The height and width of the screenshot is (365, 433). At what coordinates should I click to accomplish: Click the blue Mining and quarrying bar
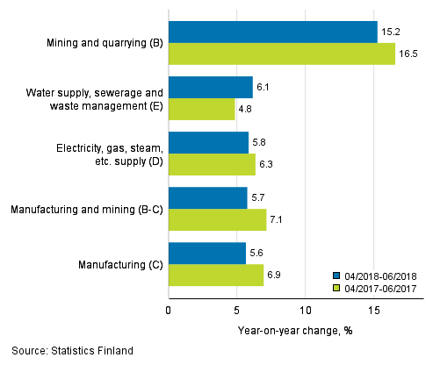click(272, 32)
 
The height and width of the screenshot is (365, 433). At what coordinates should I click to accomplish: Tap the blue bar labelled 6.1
click(210, 88)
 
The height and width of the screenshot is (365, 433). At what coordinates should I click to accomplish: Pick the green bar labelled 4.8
click(201, 110)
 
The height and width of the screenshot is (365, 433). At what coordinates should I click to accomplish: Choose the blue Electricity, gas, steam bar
click(208, 143)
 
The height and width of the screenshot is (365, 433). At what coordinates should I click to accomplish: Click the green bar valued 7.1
click(217, 220)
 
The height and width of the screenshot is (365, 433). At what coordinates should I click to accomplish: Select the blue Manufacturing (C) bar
click(207, 254)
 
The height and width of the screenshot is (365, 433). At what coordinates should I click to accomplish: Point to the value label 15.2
click(389, 32)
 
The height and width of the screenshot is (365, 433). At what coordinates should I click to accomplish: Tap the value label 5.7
click(259, 198)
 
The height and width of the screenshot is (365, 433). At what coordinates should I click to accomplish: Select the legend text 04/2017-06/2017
click(380, 287)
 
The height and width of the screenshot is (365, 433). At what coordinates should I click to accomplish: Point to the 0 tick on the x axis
click(169, 310)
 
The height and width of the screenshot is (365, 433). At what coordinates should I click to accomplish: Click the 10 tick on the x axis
click(306, 310)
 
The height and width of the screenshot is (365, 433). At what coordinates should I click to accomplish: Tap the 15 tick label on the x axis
click(374, 310)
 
